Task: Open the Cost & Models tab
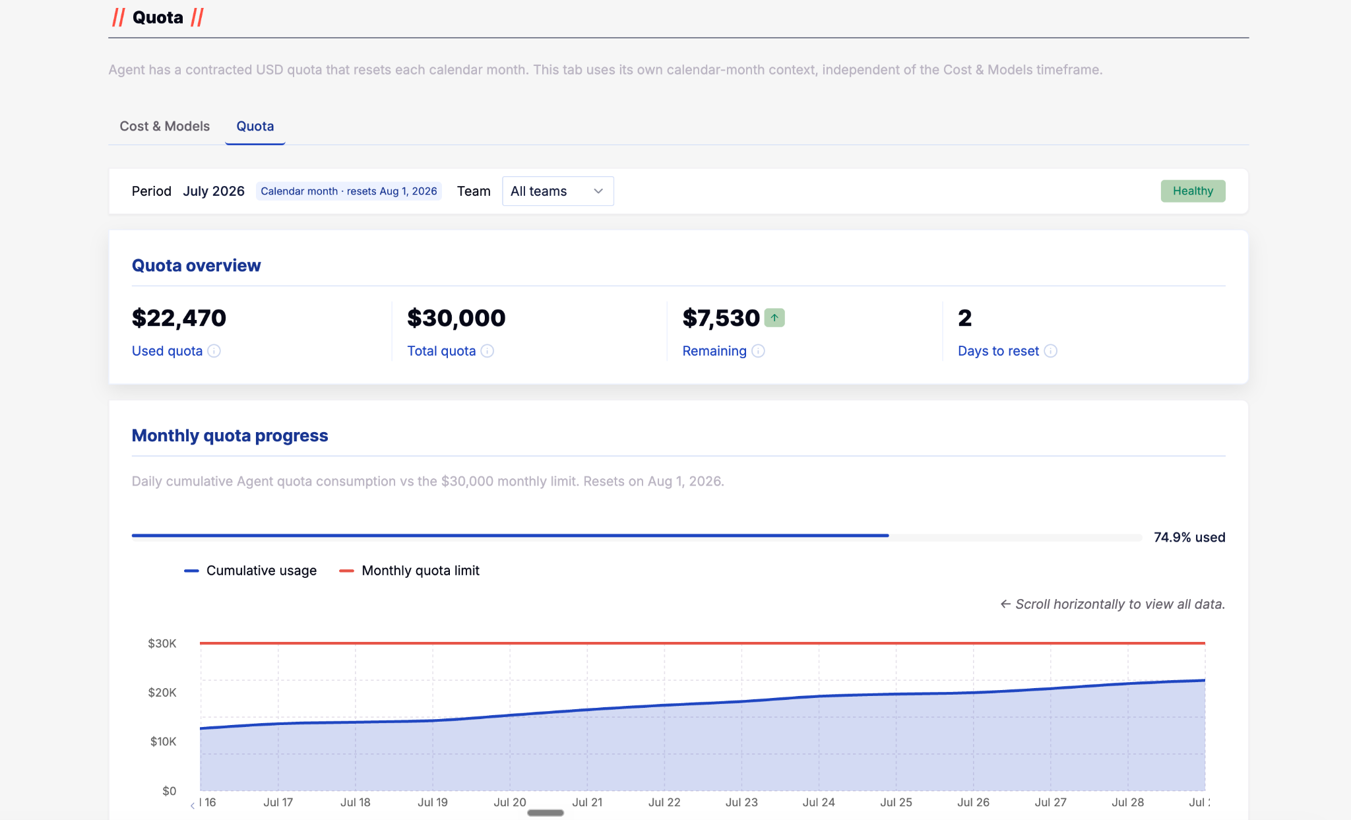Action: point(164,126)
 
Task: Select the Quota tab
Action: point(255,126)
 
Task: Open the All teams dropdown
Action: point(558,191)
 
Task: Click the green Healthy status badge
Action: point(1193,191)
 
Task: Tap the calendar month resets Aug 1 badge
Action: point(349,191)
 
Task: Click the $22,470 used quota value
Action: point(179,318)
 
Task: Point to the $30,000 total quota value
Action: point(456,318)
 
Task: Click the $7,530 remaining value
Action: point(721,318)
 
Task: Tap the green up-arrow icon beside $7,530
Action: point(774,318)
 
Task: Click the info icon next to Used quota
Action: point(214,351)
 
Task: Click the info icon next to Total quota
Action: point(487,351)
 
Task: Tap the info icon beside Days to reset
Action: point(1050,351)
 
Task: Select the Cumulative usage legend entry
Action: point(251,571)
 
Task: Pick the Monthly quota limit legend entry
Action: point(409,571)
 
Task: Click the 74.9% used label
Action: point(1189,538)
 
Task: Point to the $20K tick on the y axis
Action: point(162,693)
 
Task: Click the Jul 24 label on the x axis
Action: point(819,802)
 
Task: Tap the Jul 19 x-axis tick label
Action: point(433,802)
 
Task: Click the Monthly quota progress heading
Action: point(230,436)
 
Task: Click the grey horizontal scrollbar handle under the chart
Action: point(546,813)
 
